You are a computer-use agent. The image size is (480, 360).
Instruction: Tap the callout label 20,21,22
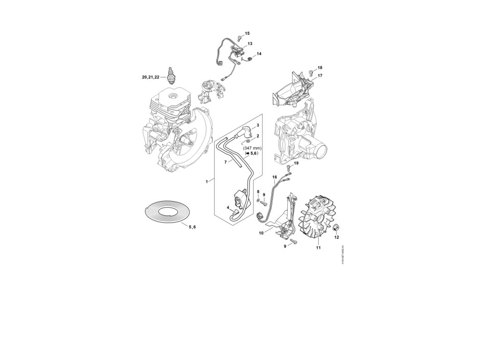point(150,76)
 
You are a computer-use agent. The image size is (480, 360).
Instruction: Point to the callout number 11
point(318,247)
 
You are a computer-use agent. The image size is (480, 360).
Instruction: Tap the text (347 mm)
point(253,148)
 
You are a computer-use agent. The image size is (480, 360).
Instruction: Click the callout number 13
point(250,43)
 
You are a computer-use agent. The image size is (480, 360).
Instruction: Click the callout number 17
point(320,75)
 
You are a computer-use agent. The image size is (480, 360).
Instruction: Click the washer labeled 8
point(258,200)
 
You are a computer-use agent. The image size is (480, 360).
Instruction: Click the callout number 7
point(225,162)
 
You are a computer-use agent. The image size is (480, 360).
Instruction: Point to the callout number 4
point(228,207)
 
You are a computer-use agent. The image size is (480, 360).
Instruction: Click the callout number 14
point(259,53)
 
